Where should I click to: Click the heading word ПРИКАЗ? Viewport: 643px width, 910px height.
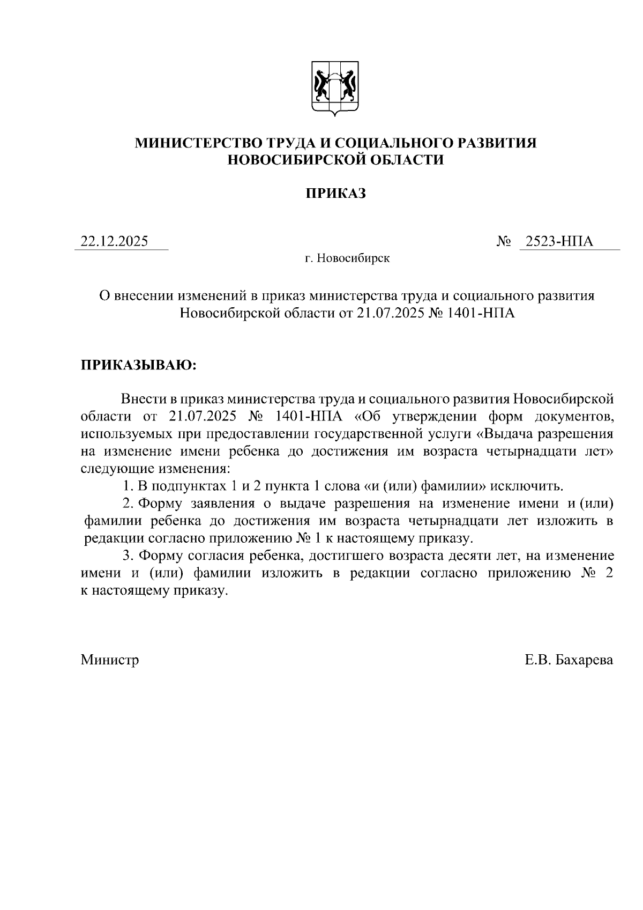tap(335, 194)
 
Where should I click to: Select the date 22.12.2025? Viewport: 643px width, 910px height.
tap(114, 241)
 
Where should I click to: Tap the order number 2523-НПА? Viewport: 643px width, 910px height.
tap(559, 241)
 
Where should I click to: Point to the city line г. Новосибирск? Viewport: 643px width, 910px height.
tap(347, 258)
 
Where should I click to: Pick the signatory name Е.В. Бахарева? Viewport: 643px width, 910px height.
tap(569, 660)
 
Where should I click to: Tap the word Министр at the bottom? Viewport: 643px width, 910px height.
tap(110, 660)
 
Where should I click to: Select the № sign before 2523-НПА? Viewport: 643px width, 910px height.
tap(504, 241)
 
